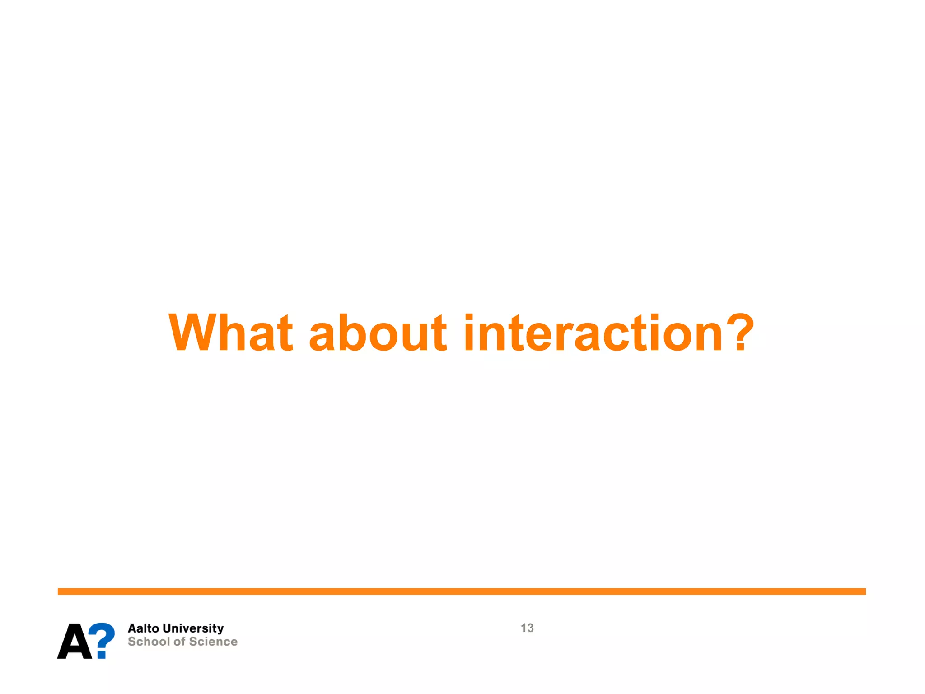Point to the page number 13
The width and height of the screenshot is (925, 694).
527,628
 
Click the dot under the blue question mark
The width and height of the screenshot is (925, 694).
102,654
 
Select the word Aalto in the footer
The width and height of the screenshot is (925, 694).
144,628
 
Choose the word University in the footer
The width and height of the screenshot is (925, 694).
193,628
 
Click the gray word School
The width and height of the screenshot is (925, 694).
148,642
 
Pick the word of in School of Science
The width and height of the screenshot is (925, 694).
179,642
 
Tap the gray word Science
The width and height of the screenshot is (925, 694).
213,642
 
